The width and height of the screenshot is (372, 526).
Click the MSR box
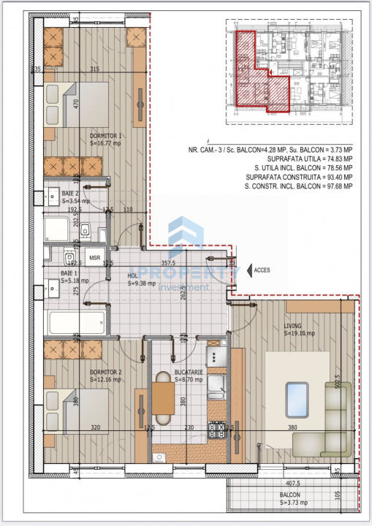[x=94, y=258]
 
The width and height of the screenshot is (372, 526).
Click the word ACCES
[x=262, y=270]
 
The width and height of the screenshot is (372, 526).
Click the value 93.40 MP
[x=334, y=177]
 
